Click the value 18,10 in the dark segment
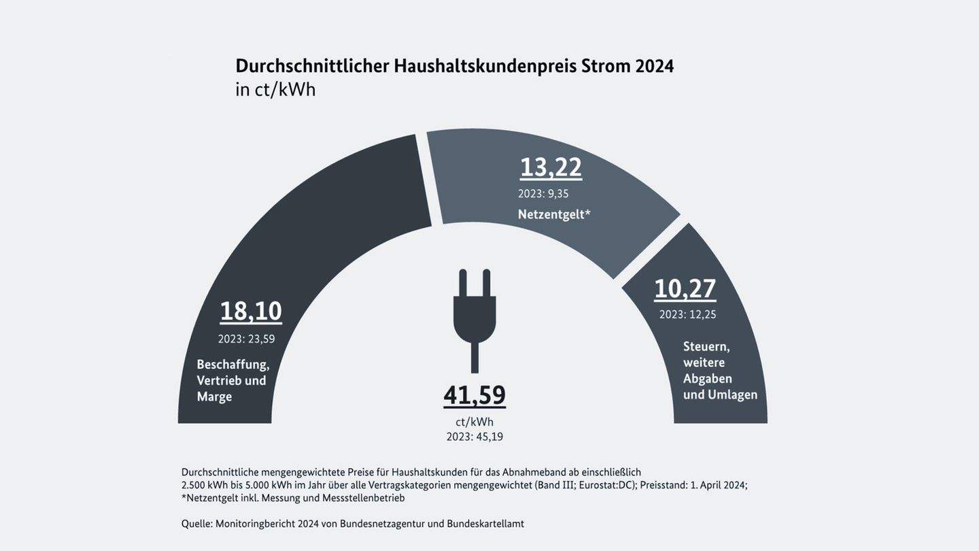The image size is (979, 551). tap(250, 312)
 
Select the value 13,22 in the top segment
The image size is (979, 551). tap(551, 167)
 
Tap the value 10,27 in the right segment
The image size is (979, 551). tap(685, 289)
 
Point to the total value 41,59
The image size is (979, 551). tap(475, 395)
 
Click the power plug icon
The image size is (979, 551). tap(475, 316)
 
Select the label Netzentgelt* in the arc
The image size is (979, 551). tap(554, 214)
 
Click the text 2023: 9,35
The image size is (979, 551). tap(543, 194)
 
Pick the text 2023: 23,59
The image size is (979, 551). tap(246, 339)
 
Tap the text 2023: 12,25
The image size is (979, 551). tap(687, 314)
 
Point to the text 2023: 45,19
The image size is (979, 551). tap(475, 437)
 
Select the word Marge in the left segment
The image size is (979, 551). tap(214, 397)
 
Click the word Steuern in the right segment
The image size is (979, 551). tap(706, 347)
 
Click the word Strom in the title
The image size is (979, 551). tap(605, 67)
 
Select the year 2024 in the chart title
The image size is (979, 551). tap(654, 67)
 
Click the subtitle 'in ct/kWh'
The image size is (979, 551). tap(275, 90)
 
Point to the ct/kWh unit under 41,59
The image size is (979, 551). tap(475, 422)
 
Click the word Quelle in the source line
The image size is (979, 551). tap(196, 524)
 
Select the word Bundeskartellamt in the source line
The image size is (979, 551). tap(485, 524)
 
